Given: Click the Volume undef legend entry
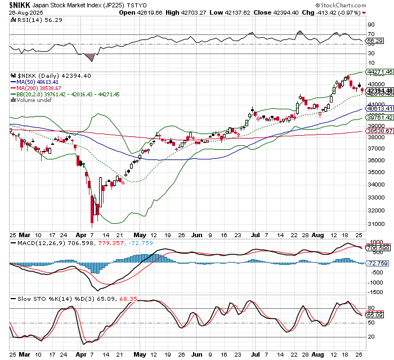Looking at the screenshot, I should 34,100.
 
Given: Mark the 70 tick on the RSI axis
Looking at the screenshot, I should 371,34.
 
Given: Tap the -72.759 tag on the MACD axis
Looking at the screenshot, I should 378,263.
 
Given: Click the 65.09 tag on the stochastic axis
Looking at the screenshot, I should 375,315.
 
